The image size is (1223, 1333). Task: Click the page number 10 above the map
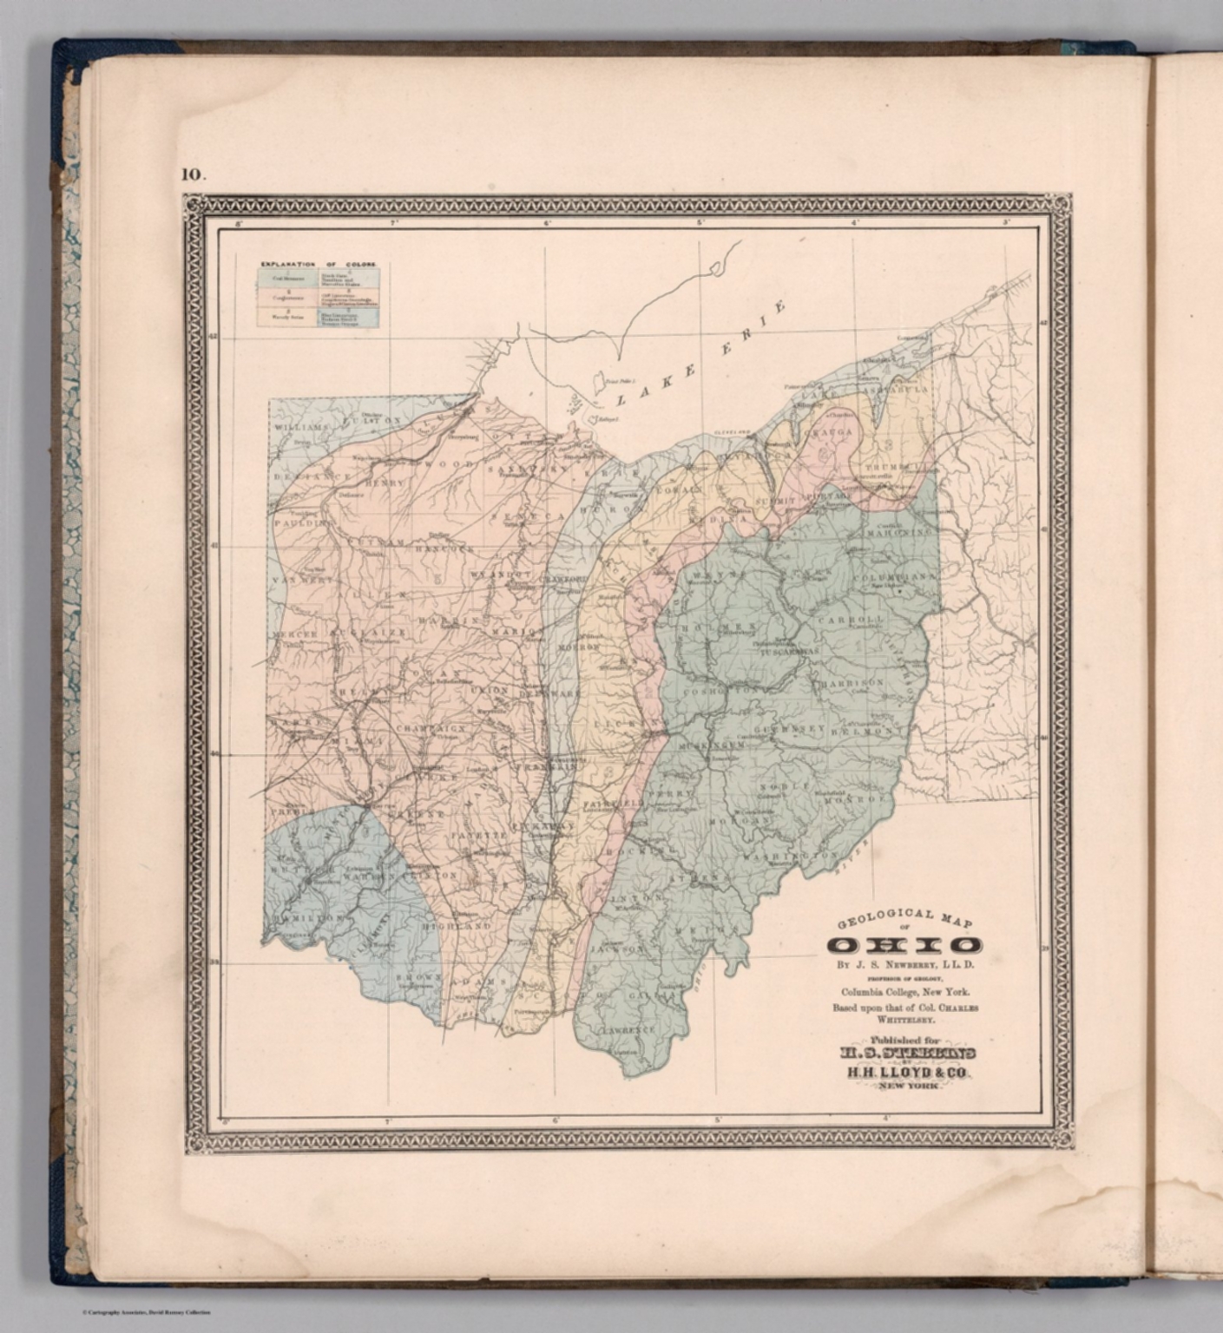tap(193, 174)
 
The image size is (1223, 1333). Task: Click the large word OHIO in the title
tap(904, 945)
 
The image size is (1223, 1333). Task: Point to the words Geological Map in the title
tap(904, 920)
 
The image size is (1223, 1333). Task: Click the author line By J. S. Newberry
tap(904, 964)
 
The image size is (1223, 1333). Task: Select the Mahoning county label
tap(904, 531)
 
